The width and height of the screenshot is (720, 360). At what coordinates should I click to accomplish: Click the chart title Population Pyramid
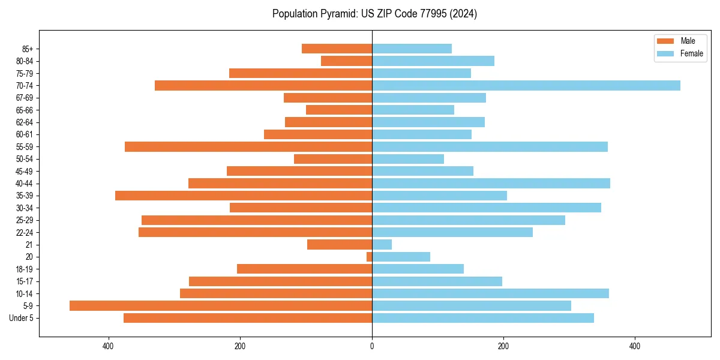point(374,14)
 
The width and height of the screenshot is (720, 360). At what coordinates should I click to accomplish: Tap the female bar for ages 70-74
point(526,85)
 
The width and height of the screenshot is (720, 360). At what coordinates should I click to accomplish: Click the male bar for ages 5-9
point(221,305)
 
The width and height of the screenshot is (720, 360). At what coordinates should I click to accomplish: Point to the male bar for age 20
point(370,257)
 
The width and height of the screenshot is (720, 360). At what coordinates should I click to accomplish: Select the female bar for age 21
point(382,244)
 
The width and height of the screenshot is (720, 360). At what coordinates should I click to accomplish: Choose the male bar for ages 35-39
point(244,196)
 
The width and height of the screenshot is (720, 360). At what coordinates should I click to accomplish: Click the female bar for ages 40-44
point(491,183)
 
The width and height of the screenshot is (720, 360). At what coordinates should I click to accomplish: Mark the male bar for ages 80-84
point(347,61)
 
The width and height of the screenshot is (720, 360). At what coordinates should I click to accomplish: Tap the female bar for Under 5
point(483,318)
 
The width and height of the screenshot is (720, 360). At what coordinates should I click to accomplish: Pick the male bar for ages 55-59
point(248,146)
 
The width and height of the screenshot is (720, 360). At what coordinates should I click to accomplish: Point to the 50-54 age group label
point(24,159)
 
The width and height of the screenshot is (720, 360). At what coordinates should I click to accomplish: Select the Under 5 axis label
point(21,318)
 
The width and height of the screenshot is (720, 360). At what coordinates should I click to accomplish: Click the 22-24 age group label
point(24,232)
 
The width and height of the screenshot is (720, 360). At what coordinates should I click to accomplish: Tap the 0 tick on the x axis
point(372,346)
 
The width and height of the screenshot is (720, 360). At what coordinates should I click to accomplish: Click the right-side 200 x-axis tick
point(503,346)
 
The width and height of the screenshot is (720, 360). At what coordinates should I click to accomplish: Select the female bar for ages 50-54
point(408,159)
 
